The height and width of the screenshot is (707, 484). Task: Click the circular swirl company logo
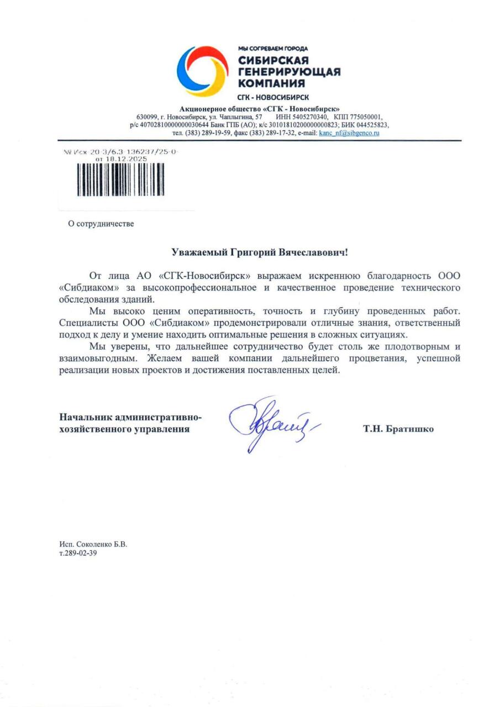point(202,71)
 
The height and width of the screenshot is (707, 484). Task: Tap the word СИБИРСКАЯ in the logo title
point(273,60)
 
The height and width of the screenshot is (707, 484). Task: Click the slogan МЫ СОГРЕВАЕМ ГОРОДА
point(273,49)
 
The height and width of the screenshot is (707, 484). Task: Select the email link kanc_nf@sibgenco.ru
point(349,133)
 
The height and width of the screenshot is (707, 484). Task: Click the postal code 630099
point(147,117)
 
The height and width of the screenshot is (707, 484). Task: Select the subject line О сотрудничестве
point(101,224)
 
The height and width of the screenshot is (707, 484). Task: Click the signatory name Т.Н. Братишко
point(398,429)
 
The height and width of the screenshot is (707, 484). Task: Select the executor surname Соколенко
point(92,544)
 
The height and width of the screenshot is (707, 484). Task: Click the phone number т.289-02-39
point(78,553)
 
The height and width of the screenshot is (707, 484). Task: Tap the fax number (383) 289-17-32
point(271,133)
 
